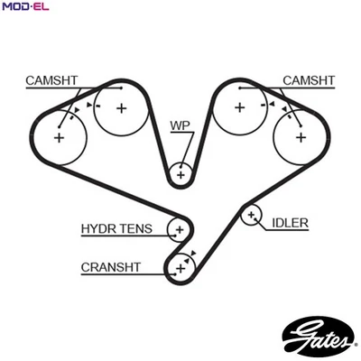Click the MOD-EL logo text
point(24,7)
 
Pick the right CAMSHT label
point(309,80)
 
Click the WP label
point(180,125)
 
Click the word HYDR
point(101,229)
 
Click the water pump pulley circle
point(180,172)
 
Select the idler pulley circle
point(251,215)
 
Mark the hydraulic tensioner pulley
point(179,231)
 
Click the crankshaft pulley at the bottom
point(180,266)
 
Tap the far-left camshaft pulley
point(60,137)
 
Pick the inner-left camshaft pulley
point(120,108)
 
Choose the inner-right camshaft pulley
point(240,108)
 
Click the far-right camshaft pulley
point(301,137)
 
